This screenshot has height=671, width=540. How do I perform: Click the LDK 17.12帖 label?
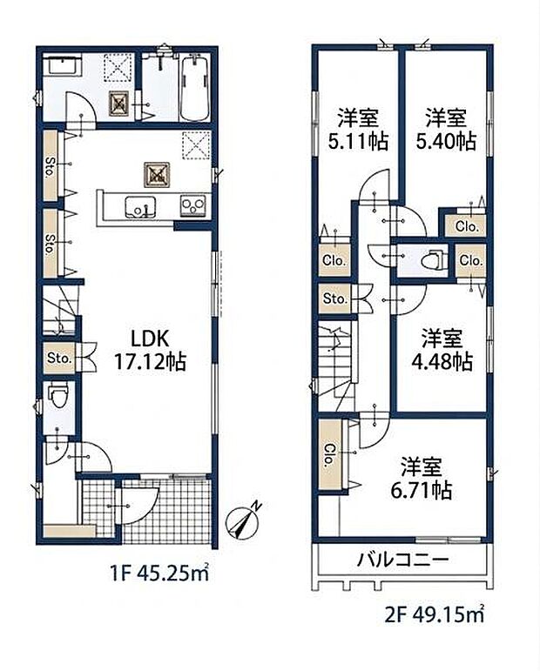pyautogui.click(x=147, y=347)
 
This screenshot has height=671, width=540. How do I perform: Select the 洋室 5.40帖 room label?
pyautogui.click(x=448, y=129)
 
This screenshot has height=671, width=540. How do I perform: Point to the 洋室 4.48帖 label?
pyautogui.click(x=443, y=350)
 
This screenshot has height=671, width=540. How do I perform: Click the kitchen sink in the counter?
pyautogui.click(x=138, y=207)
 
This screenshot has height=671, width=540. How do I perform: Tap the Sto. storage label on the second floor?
pyautogui.click(x=334, y=299)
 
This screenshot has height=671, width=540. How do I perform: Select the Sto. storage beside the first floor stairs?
pyautogui.click(x=59, y=358)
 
